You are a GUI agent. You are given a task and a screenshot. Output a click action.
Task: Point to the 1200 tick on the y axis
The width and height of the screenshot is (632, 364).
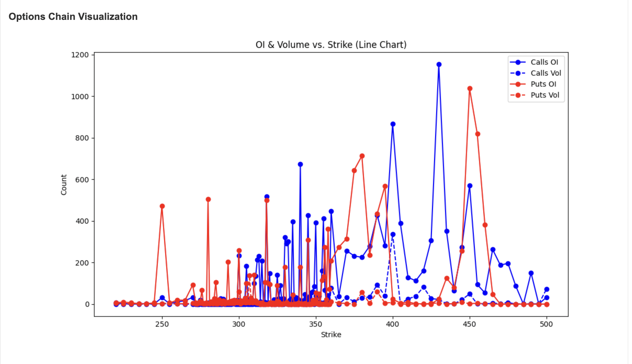click(x=80, y=55)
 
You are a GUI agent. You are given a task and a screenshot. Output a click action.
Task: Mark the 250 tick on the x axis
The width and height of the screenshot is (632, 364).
click(x=162, y=324)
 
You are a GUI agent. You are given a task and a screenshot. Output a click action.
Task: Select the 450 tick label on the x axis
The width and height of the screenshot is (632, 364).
click(x=469, y=324)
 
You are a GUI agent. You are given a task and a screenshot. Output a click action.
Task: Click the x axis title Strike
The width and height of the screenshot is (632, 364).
click(x=331, y=335)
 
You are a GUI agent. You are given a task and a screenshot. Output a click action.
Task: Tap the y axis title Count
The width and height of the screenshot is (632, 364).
click(x=64, y=185)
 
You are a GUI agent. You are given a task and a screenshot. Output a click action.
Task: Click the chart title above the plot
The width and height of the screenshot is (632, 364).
click(x=331, y=45)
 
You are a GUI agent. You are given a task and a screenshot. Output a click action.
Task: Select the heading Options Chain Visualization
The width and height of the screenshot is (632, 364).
click(x=73, y=17)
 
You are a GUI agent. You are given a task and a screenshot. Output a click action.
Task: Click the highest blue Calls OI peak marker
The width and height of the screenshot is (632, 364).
click(x=439, y=65)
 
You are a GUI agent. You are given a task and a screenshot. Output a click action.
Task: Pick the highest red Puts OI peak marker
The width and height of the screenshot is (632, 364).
click(x=470, y=89)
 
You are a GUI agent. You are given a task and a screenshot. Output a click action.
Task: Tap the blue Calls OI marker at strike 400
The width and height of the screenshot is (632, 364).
click(x=393, y=124)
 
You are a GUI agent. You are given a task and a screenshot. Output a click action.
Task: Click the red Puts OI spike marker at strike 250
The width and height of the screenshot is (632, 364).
click(x=162, y=206)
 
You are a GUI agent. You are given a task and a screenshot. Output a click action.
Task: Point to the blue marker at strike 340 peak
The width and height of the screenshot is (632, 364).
click(x=300, y=164)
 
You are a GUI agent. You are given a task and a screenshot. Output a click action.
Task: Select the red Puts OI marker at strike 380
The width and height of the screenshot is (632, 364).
click(x=362, y=156)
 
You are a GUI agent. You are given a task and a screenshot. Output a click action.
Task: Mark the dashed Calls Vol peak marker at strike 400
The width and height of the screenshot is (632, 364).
click(x=393, y=235)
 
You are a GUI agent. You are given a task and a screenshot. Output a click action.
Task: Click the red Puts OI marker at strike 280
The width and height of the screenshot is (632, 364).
click(x=208, y=199)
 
